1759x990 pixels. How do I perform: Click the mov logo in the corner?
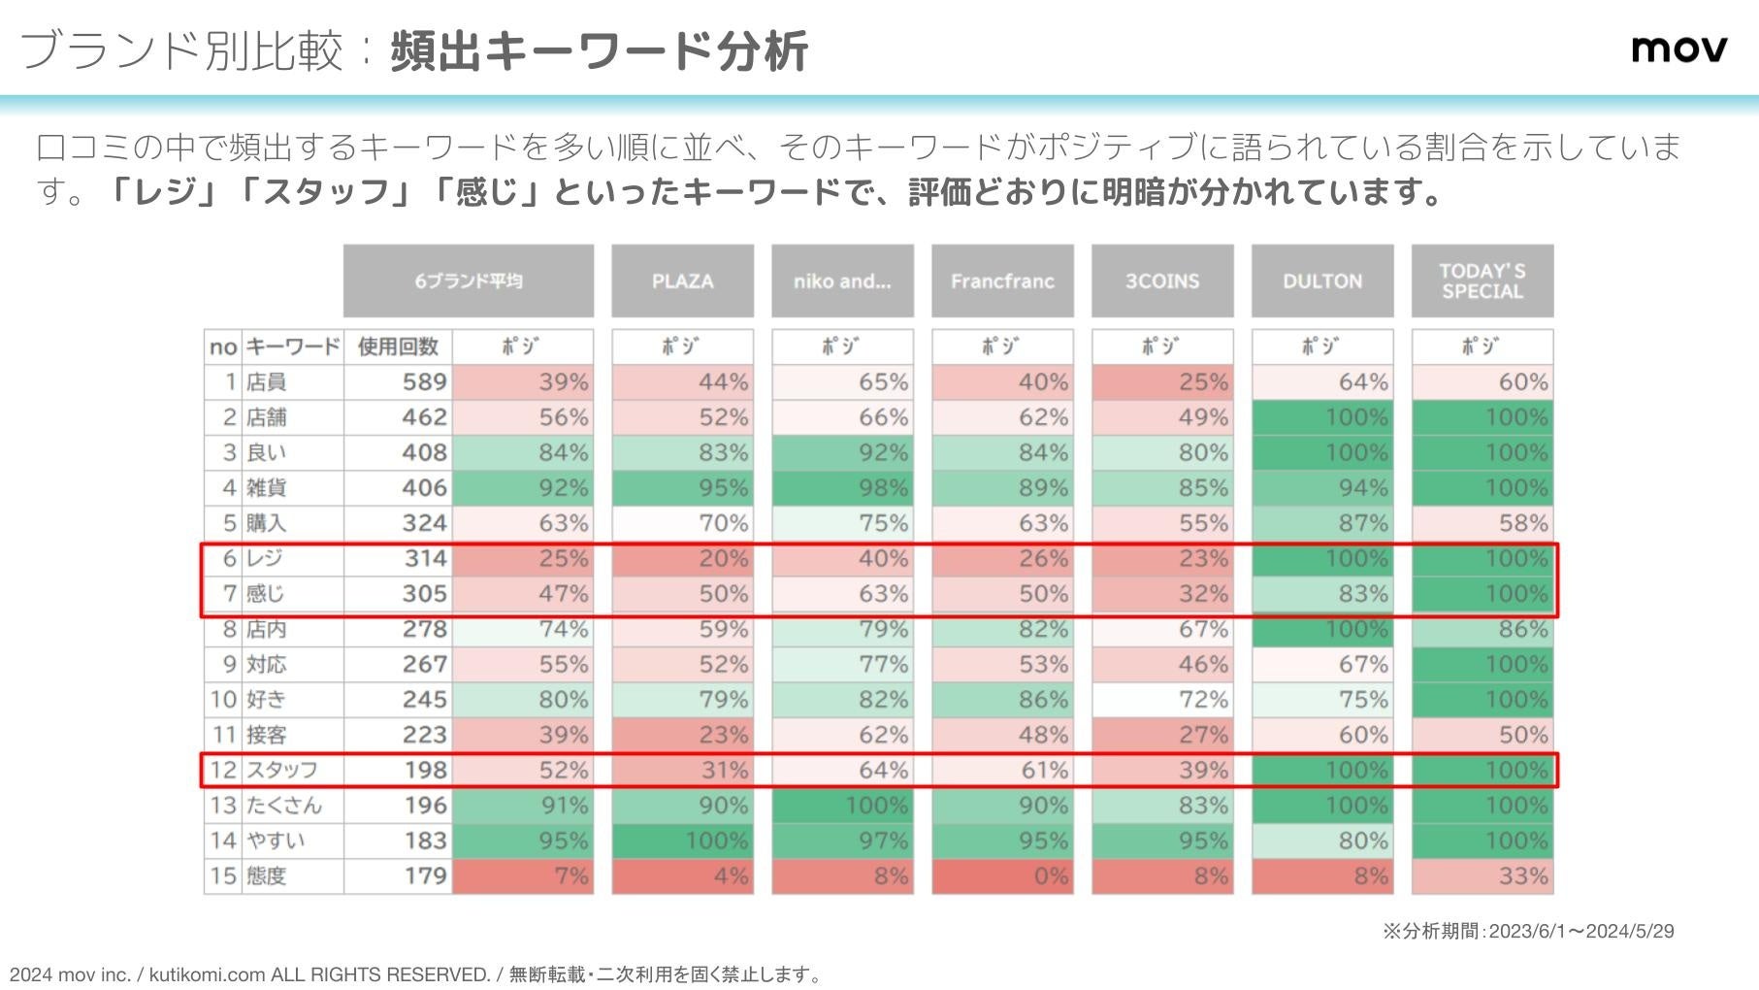(x=1678, y=48)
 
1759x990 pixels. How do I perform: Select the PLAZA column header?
(x=682, y=281)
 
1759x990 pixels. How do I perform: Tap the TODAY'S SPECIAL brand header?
(x=1482, y=281)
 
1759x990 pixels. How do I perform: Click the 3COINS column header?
(x=1162, y=281)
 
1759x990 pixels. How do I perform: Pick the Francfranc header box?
(x=1002, y=281)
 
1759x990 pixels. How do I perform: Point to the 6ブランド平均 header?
(x=469, y=281)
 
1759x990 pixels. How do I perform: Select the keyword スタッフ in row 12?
(x=281, y=771)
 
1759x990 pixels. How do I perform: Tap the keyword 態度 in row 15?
(x=267, y=876)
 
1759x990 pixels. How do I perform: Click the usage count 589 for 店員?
(x=425, y=382)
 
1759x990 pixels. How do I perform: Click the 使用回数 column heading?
(x=398, y=346)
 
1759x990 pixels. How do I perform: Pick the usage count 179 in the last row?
(x=425, y=876)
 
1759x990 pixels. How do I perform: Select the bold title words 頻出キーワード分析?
(x=600, y=51)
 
